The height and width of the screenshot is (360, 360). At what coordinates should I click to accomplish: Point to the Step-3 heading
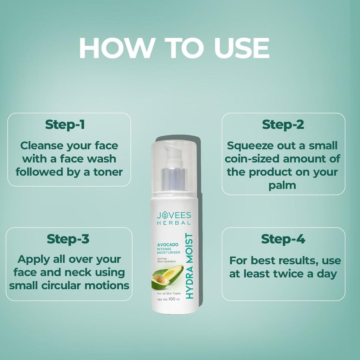pos(68,239)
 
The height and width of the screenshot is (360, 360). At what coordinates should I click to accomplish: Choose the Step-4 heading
pos(283,239)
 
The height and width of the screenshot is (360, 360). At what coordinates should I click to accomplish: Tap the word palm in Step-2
pos(282,185)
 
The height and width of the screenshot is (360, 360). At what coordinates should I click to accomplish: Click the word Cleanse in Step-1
pos(41,145)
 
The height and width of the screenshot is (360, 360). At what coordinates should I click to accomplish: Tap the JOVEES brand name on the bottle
pos(174,215)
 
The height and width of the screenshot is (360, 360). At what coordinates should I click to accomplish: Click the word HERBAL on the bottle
pos(174,223)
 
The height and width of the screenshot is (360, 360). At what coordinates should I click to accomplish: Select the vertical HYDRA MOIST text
pos(189,266)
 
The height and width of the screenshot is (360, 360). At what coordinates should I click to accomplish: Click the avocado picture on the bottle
pos(167,277)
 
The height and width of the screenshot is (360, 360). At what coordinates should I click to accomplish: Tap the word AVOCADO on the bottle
pos(167,244)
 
